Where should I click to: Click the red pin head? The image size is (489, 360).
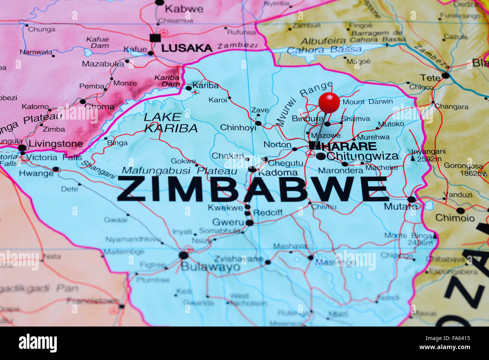(329, 102)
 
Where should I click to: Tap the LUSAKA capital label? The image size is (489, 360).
(187, 48)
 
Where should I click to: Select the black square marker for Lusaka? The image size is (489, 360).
(155, 38)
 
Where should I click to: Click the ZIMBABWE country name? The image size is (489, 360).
(252, 189)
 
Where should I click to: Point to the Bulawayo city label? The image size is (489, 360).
(210, 267)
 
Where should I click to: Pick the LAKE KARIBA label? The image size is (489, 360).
(170, 123)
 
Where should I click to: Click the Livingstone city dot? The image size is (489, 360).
(22, 148)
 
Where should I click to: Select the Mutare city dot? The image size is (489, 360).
(411, 199)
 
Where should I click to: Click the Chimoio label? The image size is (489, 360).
(455, 218)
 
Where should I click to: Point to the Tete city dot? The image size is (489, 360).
(445, 76)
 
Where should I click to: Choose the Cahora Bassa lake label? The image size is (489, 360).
(324, 50)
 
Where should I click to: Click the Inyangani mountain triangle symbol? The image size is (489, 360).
(413, 159)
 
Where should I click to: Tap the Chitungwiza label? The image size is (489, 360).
(362, 156)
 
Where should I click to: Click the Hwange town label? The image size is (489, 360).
(36, 173)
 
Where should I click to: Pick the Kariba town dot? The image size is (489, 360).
(189, 88)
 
